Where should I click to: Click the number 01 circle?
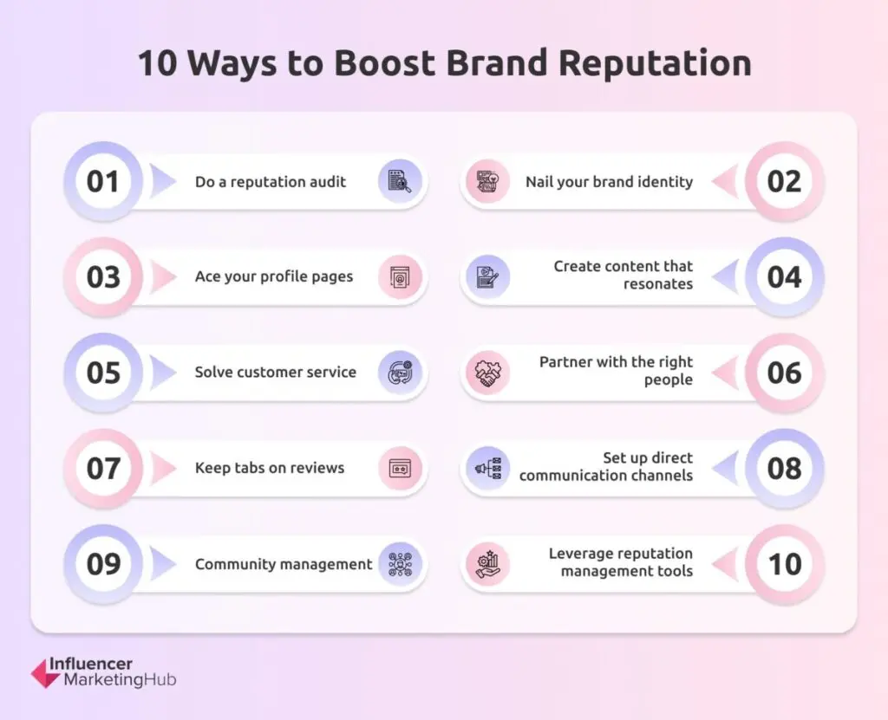(103, 182)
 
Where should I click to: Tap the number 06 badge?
(784, 373)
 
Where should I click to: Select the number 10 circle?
(784, 564)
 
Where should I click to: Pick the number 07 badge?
(103, 469)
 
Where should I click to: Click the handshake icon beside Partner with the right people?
(487, 373)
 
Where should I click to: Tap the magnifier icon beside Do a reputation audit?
(400, 182)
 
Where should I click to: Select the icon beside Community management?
(400, 564)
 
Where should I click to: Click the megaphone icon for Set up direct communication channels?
(487, 469)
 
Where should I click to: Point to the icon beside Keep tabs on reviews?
(400, 469)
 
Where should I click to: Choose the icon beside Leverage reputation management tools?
(487, 564)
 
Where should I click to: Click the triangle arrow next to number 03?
(162, 277)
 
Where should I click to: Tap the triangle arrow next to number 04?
(725, 277)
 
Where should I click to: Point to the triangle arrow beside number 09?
(162, 564)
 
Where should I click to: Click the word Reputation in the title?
(655, 63)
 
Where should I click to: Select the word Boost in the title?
(384, 62)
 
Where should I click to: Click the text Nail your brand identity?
(610, 182)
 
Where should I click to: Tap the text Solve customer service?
(276, 373)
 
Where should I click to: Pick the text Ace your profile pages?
(274, 276)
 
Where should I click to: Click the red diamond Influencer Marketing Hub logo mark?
(45, 673)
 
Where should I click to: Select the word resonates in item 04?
(658, 284)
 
